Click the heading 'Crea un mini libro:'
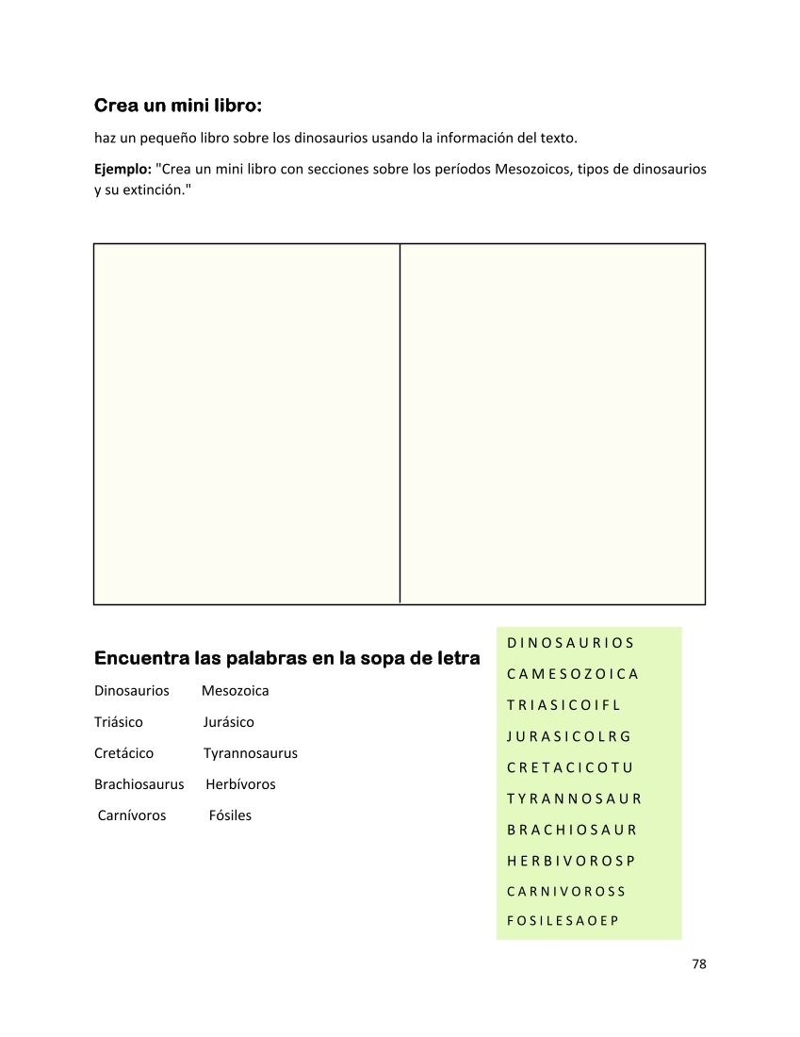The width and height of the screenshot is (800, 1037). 178,105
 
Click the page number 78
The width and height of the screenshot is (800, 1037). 698,963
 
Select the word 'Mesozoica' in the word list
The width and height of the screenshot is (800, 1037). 235,691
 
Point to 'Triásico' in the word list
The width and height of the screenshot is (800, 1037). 119,722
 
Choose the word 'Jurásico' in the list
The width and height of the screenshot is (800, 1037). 228,722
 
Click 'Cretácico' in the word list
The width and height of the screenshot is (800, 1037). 123,753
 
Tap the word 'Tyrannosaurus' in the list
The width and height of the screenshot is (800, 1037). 250,753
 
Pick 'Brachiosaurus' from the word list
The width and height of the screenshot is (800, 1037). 139,784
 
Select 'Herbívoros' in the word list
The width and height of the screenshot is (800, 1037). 240,784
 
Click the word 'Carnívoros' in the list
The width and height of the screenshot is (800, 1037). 132,815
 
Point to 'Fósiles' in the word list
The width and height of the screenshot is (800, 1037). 230,815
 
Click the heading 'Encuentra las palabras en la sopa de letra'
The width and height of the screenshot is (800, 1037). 286,658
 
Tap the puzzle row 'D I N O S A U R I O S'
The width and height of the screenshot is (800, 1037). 570,643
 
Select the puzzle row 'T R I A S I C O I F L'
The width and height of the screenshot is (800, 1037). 563,705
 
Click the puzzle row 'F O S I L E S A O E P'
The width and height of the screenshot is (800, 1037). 563,921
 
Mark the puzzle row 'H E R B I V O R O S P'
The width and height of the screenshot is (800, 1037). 571,860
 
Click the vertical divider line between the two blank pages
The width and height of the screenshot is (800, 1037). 400,423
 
